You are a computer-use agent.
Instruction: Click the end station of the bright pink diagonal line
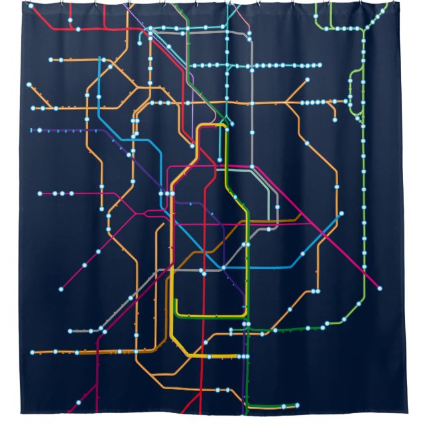pos(379,288)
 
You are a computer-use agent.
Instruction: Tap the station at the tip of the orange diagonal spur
pos(307,80)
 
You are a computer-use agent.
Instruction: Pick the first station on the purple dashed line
pos(32,130)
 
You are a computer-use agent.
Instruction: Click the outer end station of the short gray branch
pos(70,330)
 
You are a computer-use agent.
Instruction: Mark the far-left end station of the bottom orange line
pos(30,353)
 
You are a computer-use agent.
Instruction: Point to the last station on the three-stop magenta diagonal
pos(61,289)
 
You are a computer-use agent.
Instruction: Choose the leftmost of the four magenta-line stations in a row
pos(40,194)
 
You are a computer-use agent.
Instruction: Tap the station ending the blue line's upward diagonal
pos(341,213)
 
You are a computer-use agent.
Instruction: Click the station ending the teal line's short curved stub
pos(140,41)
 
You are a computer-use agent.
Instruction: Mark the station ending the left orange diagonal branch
pos(30,85)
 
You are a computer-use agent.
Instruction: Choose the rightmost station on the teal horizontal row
pos(320,66)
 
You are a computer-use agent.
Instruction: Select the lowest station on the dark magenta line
pos(77,402)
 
